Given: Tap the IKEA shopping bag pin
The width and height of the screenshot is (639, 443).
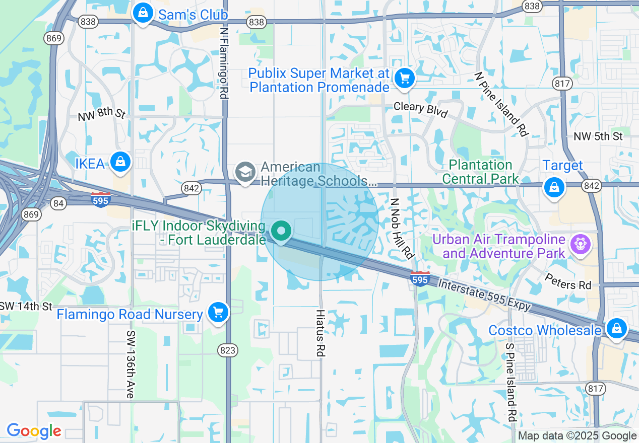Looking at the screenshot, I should click(x=120, y=162).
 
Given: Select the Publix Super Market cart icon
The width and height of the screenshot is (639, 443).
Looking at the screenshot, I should click(x=404, y=78).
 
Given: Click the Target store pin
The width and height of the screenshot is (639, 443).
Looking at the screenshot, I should click(x=554, y=187).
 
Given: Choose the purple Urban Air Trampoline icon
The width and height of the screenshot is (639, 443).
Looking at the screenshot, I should click(x=580, y=244).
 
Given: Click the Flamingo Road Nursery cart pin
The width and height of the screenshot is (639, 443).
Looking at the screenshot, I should click(x=218, y=313).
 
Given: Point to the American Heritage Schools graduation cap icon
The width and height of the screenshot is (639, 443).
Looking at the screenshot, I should click(x=245, y=172).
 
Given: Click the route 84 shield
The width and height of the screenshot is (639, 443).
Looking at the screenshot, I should click(x=58, y=203).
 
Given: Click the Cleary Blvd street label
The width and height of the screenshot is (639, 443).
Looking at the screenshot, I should click(x=420, y=109).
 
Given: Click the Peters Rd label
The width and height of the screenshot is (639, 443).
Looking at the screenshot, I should click(x=568, y=281).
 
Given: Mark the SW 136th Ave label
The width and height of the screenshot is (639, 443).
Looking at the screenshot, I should click(x=130, y=364).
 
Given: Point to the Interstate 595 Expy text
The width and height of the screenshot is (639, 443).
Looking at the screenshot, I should click(x=484, y=296).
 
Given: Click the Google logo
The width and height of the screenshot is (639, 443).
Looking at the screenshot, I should click(x=34, y=431).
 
